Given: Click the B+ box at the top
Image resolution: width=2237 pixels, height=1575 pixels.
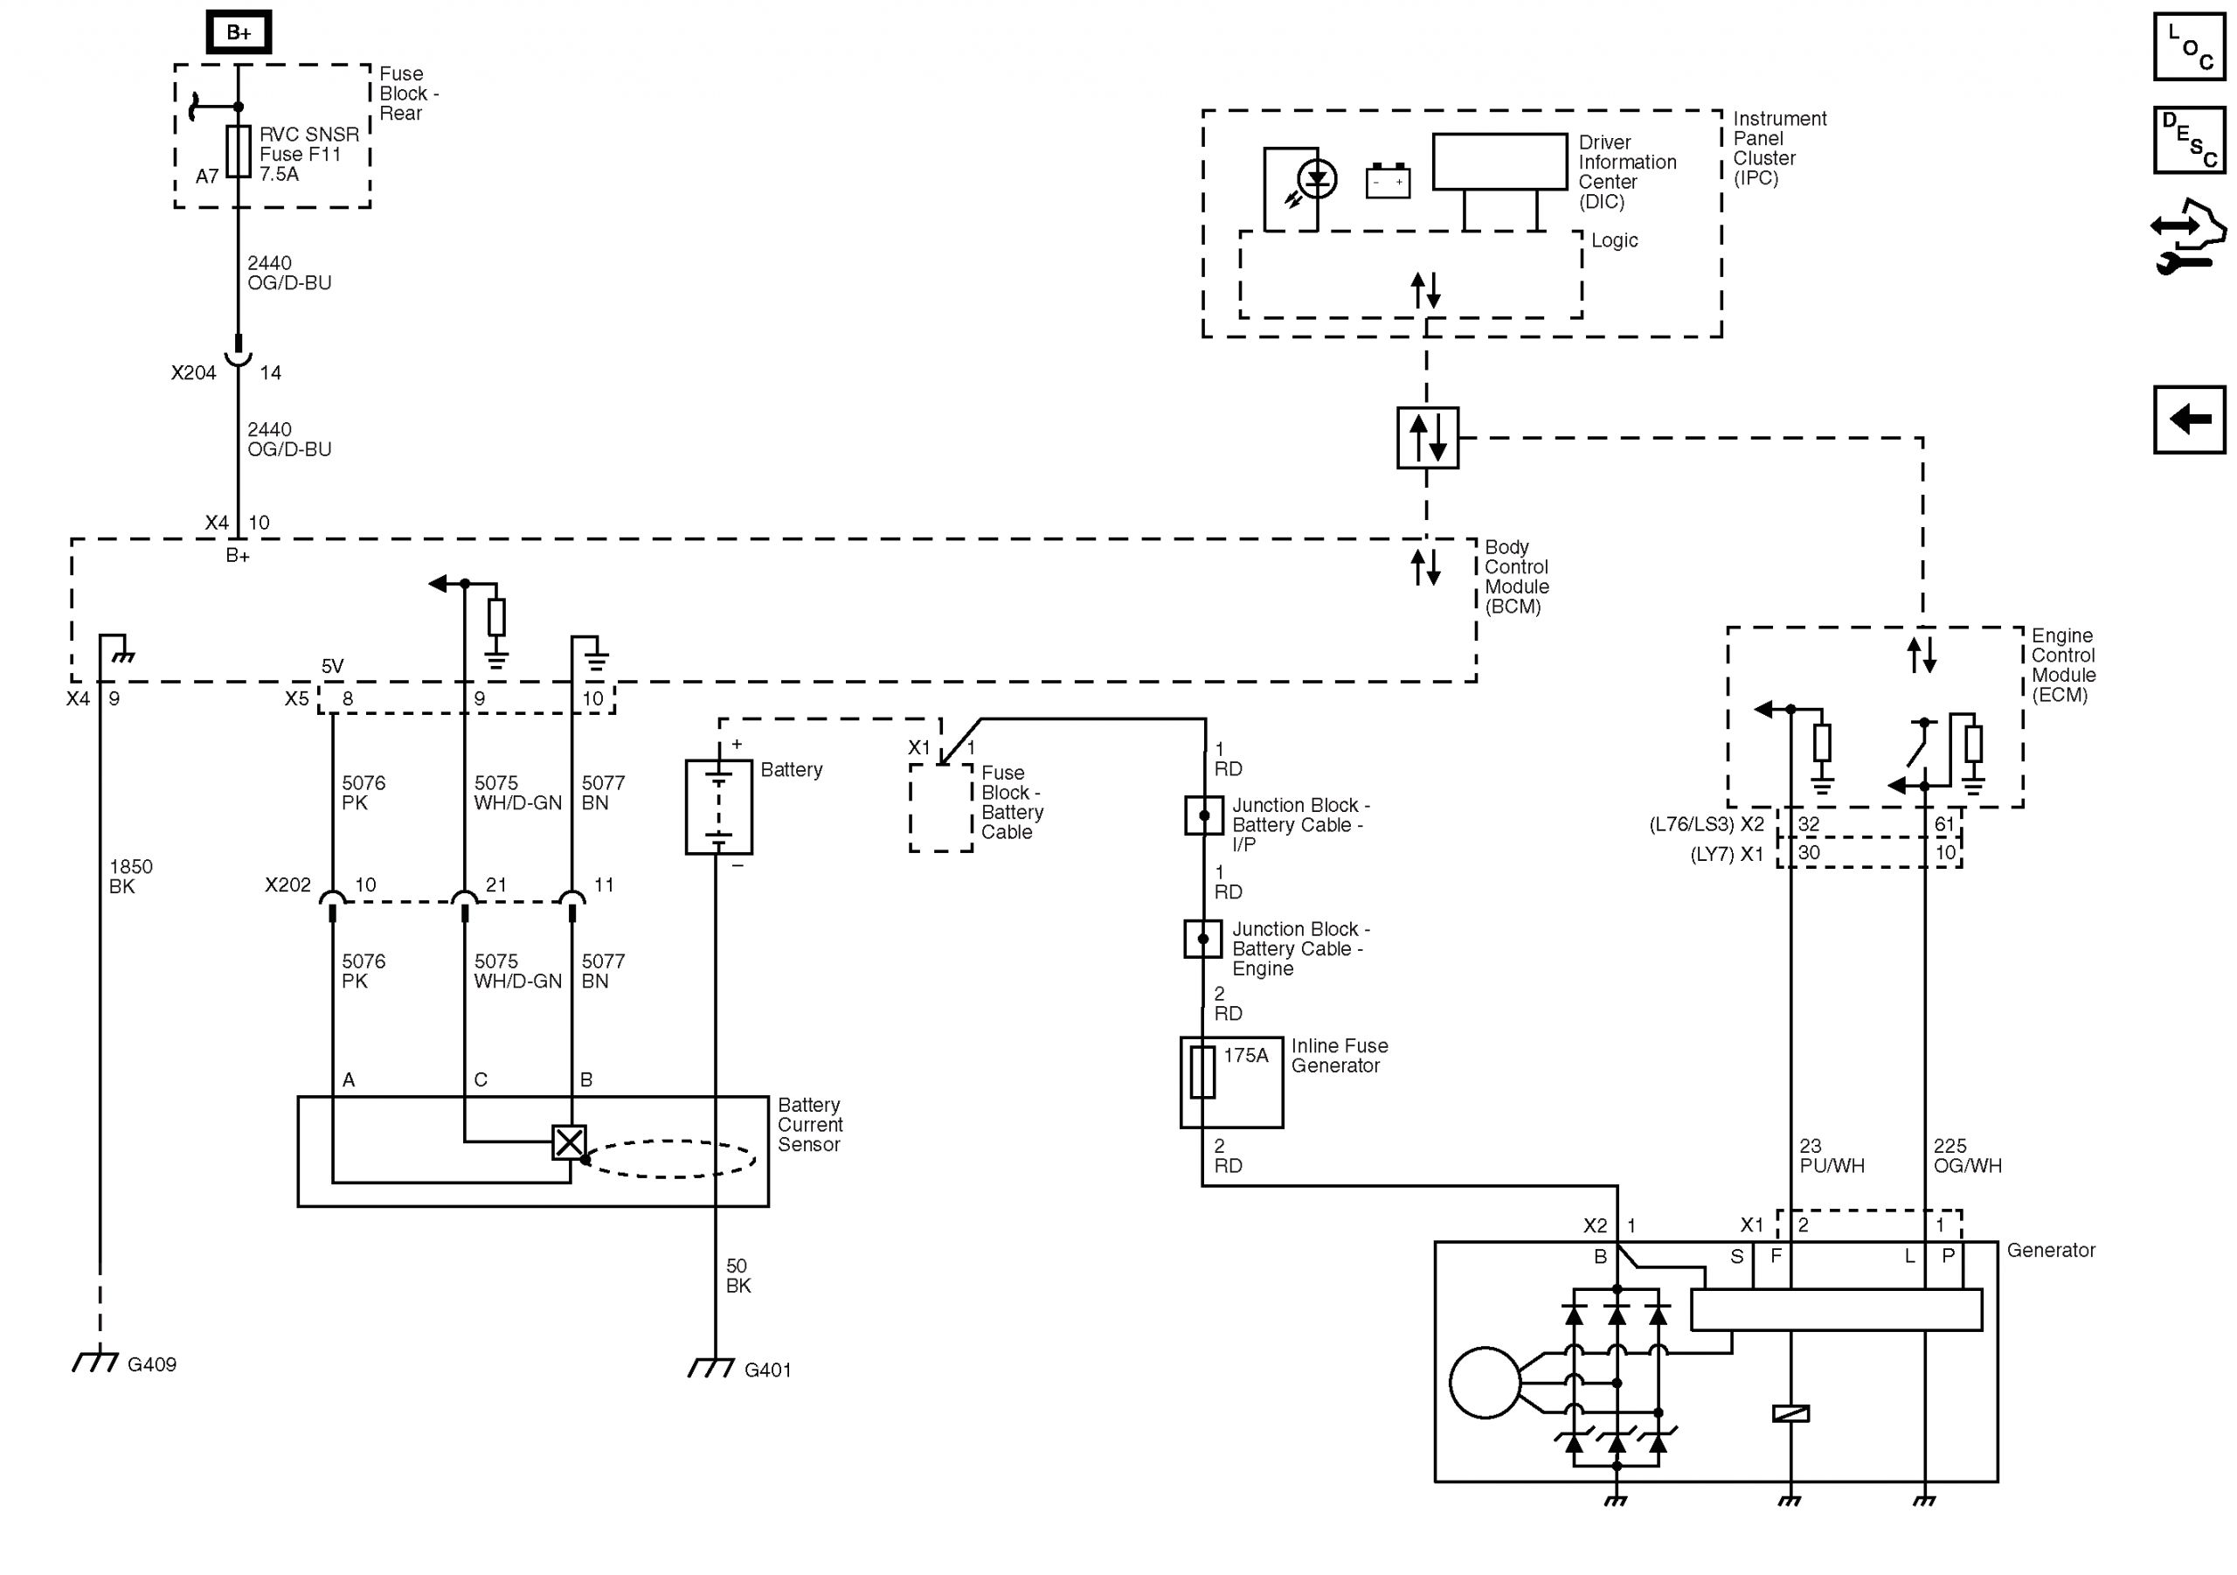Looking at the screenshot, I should [239, 32].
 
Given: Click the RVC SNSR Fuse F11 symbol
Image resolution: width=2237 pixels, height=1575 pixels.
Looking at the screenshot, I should [239, 151].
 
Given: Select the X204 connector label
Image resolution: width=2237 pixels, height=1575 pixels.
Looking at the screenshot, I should [193, 372].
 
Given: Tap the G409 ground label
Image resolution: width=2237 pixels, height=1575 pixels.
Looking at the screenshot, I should [151, 1364].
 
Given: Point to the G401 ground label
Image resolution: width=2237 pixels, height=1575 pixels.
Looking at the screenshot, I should [766, 1370].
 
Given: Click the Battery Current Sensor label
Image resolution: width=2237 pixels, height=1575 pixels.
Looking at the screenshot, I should [808, 1125].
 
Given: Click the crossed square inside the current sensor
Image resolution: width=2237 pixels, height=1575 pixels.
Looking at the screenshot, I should [569, 1142].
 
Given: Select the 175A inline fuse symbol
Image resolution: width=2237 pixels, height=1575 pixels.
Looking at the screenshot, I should [1202, 1072].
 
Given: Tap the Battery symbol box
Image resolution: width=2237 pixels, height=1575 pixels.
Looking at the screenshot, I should [719, 807].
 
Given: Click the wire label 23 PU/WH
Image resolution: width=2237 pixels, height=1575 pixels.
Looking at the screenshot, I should [1832, 1156].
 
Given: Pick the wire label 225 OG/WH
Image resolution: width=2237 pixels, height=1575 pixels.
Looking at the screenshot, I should [1967, 1156].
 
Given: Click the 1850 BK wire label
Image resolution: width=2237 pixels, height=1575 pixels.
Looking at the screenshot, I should [130, 876].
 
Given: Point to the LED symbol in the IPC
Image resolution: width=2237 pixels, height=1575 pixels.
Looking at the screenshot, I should [1317, 179].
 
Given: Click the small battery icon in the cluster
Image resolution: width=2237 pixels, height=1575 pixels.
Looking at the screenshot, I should [1388, 181].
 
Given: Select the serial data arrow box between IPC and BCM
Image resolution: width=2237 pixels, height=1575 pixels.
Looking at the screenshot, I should [1427, 438].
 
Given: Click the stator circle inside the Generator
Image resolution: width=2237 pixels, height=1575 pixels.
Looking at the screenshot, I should [1485, 1382].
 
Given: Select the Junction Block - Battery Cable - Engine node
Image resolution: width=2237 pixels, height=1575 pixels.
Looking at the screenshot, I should [1203, 939].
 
